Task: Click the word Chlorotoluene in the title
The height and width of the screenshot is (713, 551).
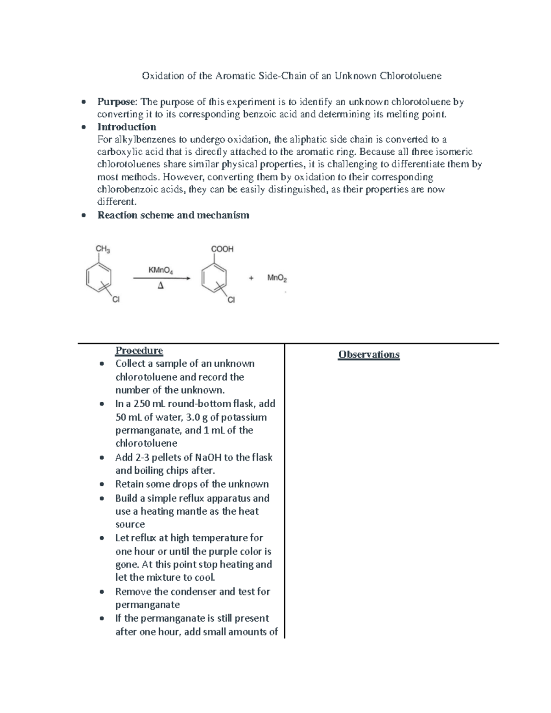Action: [x=410, y=76]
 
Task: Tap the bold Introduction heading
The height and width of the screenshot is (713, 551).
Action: [x=127, y=127]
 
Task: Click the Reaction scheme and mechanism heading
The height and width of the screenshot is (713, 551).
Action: [x=173, y=215]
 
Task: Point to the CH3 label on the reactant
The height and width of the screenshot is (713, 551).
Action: [x=102, y=249]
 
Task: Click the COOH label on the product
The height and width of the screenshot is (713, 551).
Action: [x=222, y=249]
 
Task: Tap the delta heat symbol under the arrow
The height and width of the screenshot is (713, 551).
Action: [x=160, y=286]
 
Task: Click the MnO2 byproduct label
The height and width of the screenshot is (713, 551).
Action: [x=277, y=278]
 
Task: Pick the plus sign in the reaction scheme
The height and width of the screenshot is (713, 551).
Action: [x=251, y=278]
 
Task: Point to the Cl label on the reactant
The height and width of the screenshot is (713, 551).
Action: [x=116, y=300]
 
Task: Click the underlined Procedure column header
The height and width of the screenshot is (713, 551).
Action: [x=139, y=351]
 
